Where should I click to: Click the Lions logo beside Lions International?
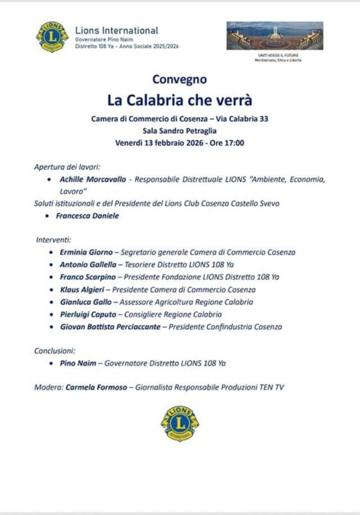coord(53,37)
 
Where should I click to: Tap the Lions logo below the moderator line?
coord(180,424)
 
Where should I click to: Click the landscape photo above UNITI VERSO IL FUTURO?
coord(274,37)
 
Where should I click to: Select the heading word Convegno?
coord(179,79)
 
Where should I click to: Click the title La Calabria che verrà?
coord(179,101)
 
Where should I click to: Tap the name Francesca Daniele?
coord(88,216)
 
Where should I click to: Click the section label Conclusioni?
coord(55,351)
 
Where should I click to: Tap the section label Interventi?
coord(53,239)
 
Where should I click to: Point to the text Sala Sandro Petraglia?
coord(179,130)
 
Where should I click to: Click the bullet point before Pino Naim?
coord(50,364)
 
